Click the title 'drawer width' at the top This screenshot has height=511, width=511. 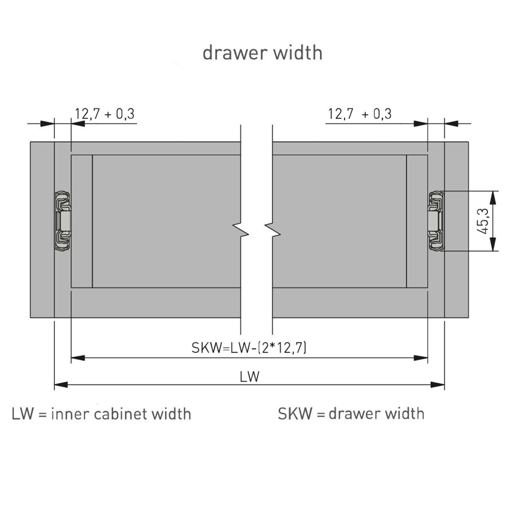(262, 53)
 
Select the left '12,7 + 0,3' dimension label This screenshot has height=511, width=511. (105, 114)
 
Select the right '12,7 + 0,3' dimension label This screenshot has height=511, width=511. (360, 114)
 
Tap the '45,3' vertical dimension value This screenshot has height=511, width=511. (483, 221)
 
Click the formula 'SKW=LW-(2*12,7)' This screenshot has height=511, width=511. (249, 348)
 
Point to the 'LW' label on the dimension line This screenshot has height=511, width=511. (250, 376)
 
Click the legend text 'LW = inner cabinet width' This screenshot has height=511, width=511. (101, 413)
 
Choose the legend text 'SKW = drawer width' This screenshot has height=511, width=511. (351, 413)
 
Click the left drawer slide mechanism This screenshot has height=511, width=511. (63, 221)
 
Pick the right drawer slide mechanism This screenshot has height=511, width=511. (436, 221)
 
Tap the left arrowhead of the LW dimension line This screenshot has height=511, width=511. (61, 385)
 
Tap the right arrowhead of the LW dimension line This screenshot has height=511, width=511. (438, 385)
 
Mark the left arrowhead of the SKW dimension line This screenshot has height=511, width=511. (78, 358)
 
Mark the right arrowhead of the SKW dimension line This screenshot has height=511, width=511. (421, 358)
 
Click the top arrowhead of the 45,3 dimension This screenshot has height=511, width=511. (493, 196)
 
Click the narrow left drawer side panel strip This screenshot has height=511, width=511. (82, 221)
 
